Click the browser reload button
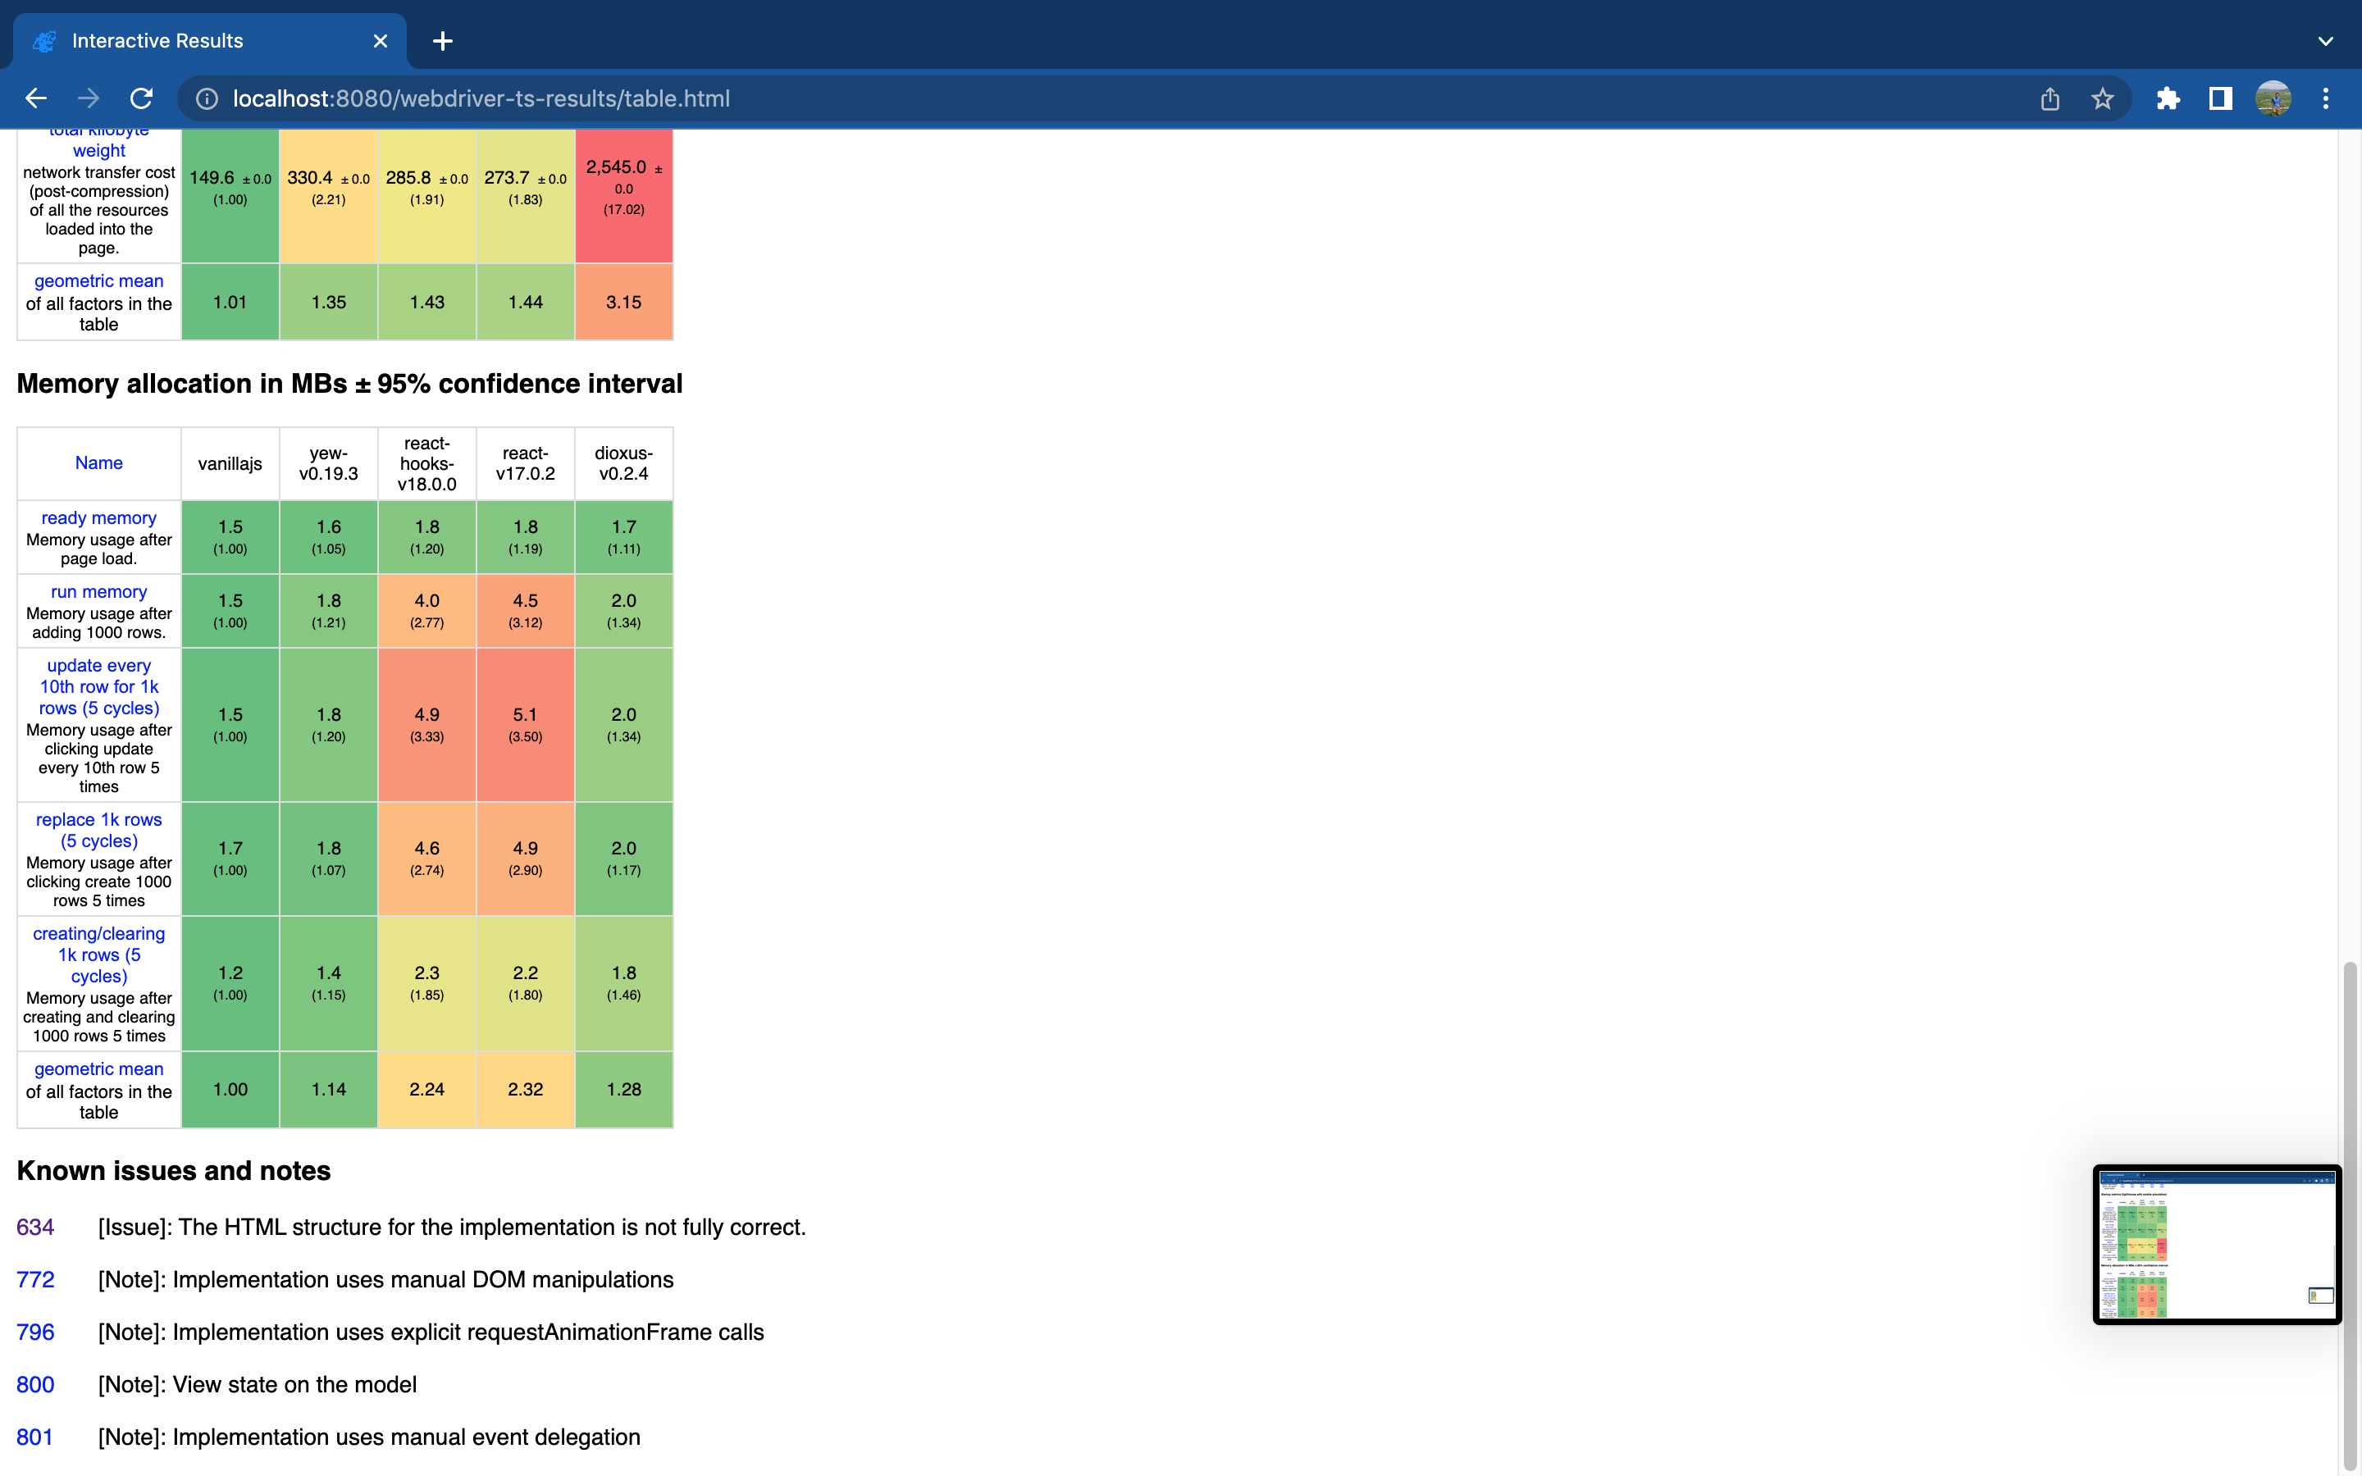pos(142,98)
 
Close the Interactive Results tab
pos(381,41)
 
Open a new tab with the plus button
pos(442,41)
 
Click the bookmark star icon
pos(2102,98)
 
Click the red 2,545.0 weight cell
pos(623,186)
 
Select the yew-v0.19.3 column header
pos(329,463)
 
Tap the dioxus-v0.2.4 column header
pos(623,463)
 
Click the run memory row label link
pos(98,591)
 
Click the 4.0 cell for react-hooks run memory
pos(426,610)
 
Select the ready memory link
pos(98,518)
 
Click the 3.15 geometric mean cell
pos(623,303)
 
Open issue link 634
pos(35,1227)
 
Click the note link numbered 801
pos(34,1437)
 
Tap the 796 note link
pos(35,1332)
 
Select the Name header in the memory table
pos(98,462)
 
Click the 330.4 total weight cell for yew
pos(329,186)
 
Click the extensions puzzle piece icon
pos(2168,98)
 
